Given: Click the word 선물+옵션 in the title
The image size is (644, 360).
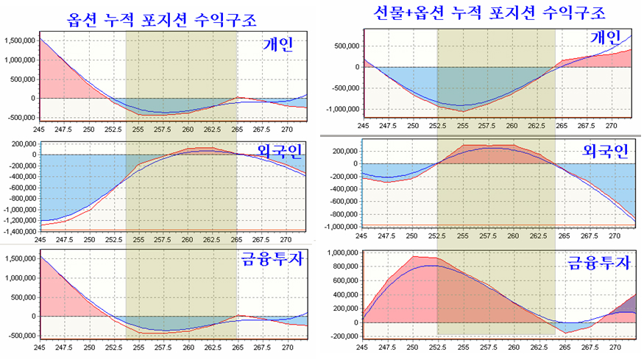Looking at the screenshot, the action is click(x=409, y=13).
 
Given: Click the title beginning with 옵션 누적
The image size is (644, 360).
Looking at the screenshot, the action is click(x=162, y=20).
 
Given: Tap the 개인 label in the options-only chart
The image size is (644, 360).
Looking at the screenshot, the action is click(x=278, y=43).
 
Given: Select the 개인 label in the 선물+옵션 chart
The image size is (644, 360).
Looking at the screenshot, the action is click(x=606, y=38).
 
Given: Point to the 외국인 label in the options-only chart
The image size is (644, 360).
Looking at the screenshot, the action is click(x=280, y=151).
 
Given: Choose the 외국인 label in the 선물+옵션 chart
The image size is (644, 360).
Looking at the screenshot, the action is click(x=606, y=151).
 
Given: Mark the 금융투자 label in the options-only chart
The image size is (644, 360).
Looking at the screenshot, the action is click(x=273, y=259).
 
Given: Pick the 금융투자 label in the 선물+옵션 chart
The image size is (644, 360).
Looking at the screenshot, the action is click(x=599, y=262).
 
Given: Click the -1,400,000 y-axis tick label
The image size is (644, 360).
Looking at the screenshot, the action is click(x=21, y=231).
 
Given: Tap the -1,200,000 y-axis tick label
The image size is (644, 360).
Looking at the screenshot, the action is click(x=21, y=221).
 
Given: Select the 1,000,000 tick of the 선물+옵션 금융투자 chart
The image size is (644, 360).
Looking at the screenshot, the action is click(x=343, y=253).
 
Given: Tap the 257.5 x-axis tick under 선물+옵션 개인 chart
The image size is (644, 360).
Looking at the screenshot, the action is click(x=487, y=126).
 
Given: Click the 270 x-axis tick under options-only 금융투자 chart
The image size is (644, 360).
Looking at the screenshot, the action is click(x=288, y=347).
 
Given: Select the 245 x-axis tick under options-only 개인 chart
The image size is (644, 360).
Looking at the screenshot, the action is click(x=39, y=129).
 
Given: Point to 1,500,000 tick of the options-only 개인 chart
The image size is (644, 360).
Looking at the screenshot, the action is click(x=20, y=40).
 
